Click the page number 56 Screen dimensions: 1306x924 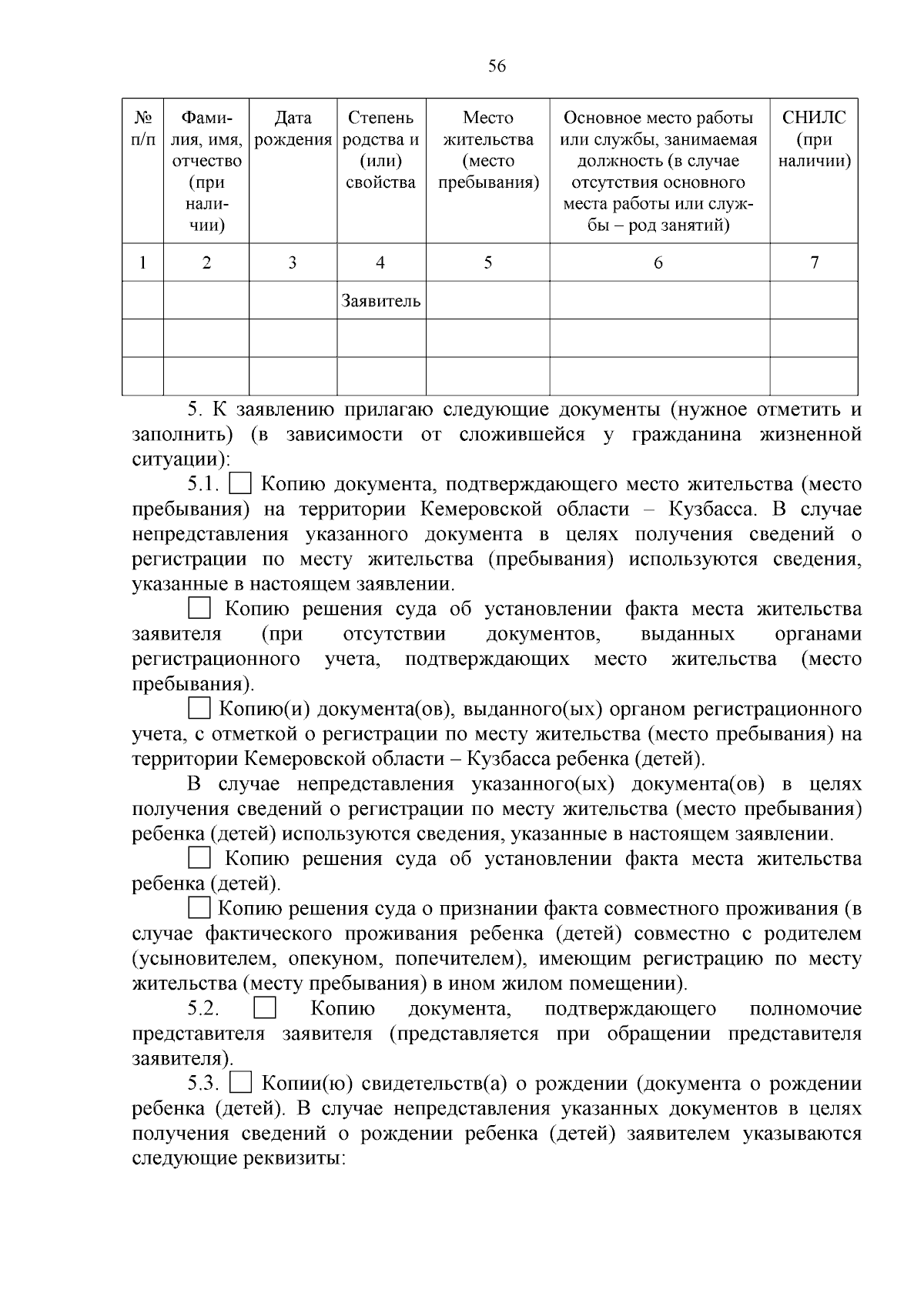(497, 67)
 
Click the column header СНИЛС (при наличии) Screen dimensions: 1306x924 (814, 139)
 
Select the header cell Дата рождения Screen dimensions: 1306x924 (293, 129)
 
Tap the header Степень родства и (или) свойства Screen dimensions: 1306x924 (380, 150)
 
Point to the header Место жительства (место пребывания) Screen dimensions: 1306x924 (487, 150)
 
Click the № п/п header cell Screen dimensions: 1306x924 (142, 129)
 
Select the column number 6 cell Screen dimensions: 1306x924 (658, 262)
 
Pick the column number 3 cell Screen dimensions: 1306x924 (293, 262)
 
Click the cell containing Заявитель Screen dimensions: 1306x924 (380, 300)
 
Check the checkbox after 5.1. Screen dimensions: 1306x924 (241, 485)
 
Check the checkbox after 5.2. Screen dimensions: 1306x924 (265, 1009)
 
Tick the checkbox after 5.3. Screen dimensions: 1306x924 (241, 1084)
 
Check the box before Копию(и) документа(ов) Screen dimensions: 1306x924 (199, 708)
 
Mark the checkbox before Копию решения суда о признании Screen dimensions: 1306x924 (199, 908)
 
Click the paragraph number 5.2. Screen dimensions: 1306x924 (203, 1009)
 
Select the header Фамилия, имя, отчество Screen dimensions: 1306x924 (206, 172)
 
